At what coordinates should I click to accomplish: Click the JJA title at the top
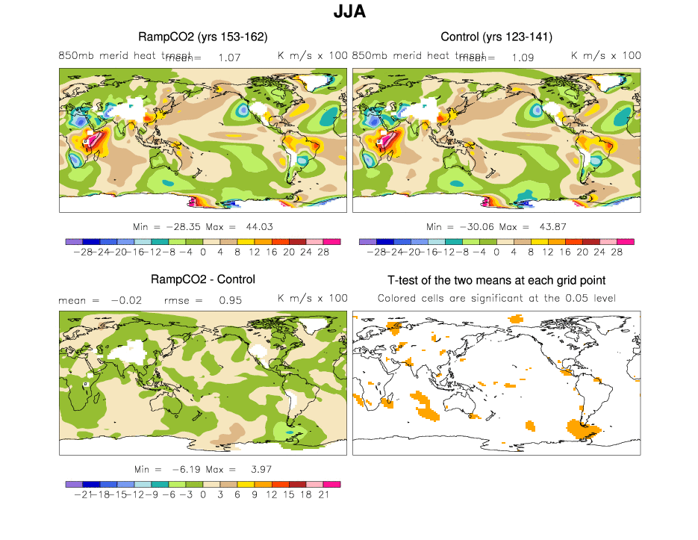(349, 12)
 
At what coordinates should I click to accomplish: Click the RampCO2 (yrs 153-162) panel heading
(203, 37)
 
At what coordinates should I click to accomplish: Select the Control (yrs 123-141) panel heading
(496, 37)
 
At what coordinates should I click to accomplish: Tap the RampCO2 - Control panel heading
(203, 279)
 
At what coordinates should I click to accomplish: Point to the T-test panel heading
(496, 280)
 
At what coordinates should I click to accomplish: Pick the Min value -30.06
(475, 226)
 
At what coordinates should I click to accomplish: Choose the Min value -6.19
(182, 469)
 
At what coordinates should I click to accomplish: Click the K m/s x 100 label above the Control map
(605, 55)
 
